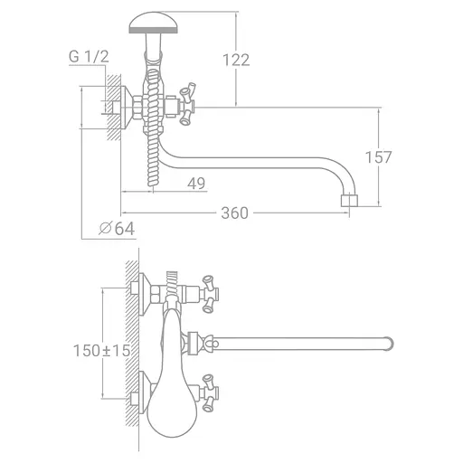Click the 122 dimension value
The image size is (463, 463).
click(x=236, y=60)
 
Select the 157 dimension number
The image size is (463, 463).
click(x=378, y=157)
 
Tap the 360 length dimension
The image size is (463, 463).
click(x=234, y=213)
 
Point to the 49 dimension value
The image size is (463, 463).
click(x=196, y=183)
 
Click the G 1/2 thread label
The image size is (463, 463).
click(x=89, y=57)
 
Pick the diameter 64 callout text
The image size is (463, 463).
click(x=117, y=228)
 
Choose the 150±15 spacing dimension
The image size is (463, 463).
click(x=102, y=351)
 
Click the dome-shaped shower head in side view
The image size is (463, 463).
click(x=153, y=23)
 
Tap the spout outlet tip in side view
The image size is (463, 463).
click(x=349, y=201)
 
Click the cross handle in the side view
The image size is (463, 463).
click(x=187, y=103)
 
